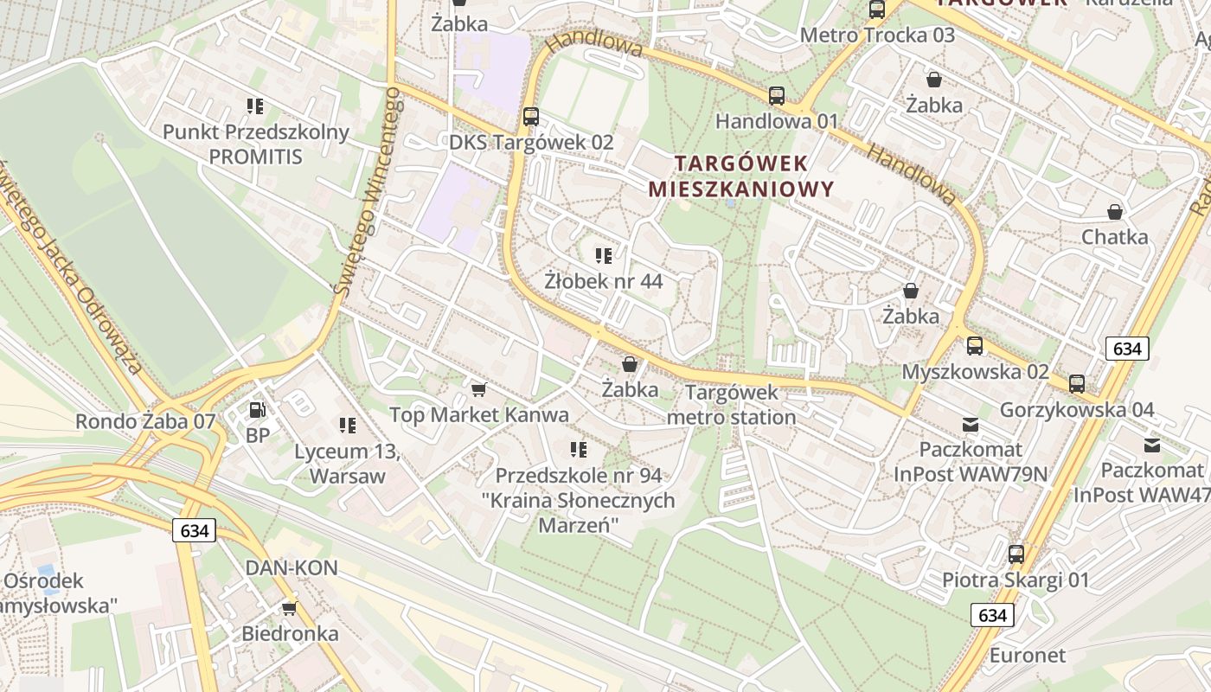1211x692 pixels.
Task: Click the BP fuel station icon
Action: coord(256,410)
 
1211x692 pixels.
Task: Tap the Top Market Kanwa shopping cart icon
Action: coord(479,390)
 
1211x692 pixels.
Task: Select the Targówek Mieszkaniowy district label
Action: coord(740,176)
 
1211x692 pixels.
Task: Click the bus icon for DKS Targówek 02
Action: coord(531,117)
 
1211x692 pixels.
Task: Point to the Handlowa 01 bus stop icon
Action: coord(777,96)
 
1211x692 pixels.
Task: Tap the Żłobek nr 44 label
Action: coord(603,281)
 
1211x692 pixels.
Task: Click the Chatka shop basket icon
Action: coord(1115,212)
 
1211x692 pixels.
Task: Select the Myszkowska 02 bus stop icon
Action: coord(975,346)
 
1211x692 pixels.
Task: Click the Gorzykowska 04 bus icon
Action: coord(1077,384)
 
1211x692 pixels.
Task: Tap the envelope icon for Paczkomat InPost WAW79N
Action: coord(970,425)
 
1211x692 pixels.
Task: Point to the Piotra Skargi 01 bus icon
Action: coord(1016,554)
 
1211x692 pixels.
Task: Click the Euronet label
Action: coord(1028,655)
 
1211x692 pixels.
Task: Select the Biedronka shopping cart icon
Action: coord(289,609)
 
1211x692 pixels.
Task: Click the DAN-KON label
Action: coord(292,568)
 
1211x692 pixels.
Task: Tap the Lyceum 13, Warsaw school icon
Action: coord(348,426)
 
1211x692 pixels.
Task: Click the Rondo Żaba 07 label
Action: coord(145,421)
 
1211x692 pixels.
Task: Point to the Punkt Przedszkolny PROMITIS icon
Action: coord(255,106)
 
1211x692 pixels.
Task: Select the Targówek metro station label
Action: coord(732,405)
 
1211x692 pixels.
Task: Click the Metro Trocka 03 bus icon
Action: coord(877,10)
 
